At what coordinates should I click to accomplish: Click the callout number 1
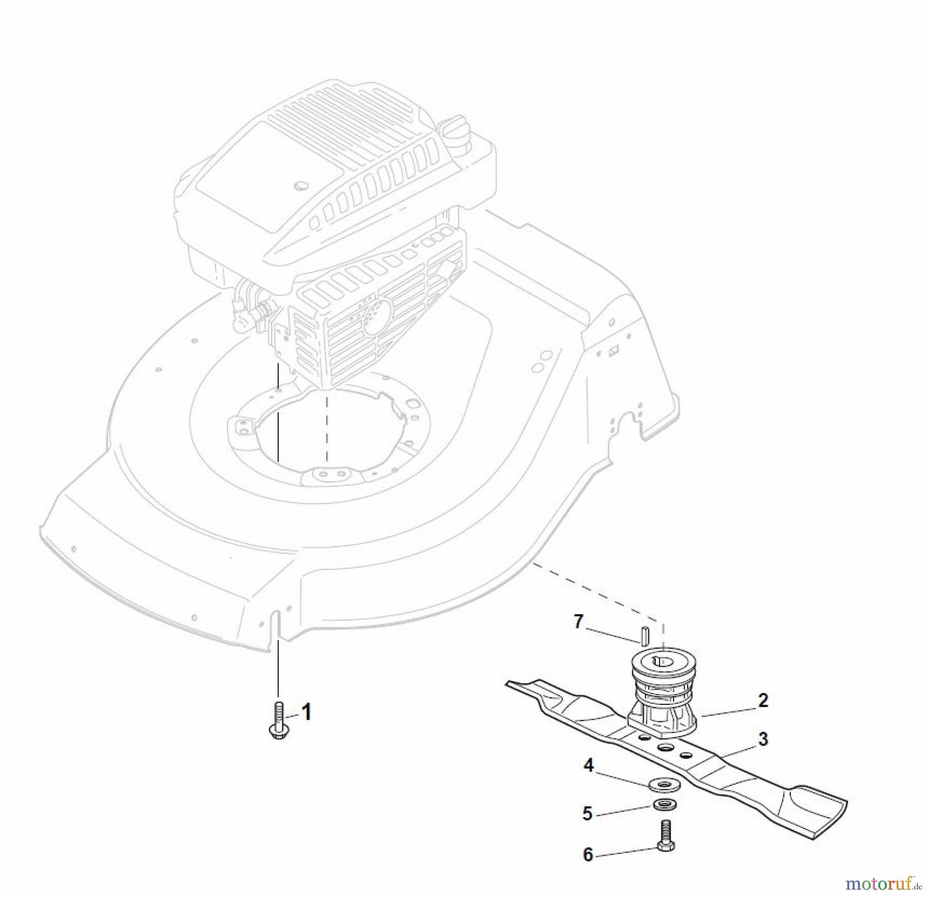click(306, 714)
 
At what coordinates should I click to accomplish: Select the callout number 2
click(763, 700)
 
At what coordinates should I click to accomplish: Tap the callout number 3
click(763, 739)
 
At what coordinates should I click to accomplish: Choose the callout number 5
click(587, 814)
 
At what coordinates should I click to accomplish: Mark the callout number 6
click(588, 855)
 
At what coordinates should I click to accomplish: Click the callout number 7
click(578, 622)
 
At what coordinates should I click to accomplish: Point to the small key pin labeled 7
click(644, 635)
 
